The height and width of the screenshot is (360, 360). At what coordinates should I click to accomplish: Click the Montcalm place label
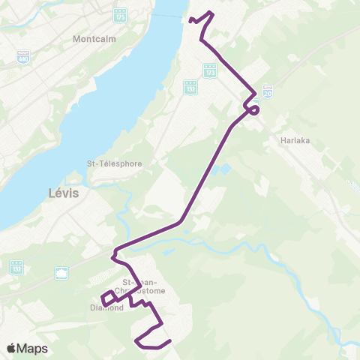(x=92, y=38)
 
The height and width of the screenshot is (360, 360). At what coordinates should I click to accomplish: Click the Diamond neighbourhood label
(x=105, y=307)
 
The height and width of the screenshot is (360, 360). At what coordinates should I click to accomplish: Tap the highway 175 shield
(x=120, y=16)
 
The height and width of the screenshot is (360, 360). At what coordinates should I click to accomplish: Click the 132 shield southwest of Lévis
(x=16, y=266)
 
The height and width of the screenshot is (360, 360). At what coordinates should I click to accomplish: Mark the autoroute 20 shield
(x=268, y=89)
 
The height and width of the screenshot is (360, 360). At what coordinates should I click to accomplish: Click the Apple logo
(x=12, y=349)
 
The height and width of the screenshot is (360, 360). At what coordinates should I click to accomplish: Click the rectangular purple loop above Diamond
(x=109, y=298)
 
